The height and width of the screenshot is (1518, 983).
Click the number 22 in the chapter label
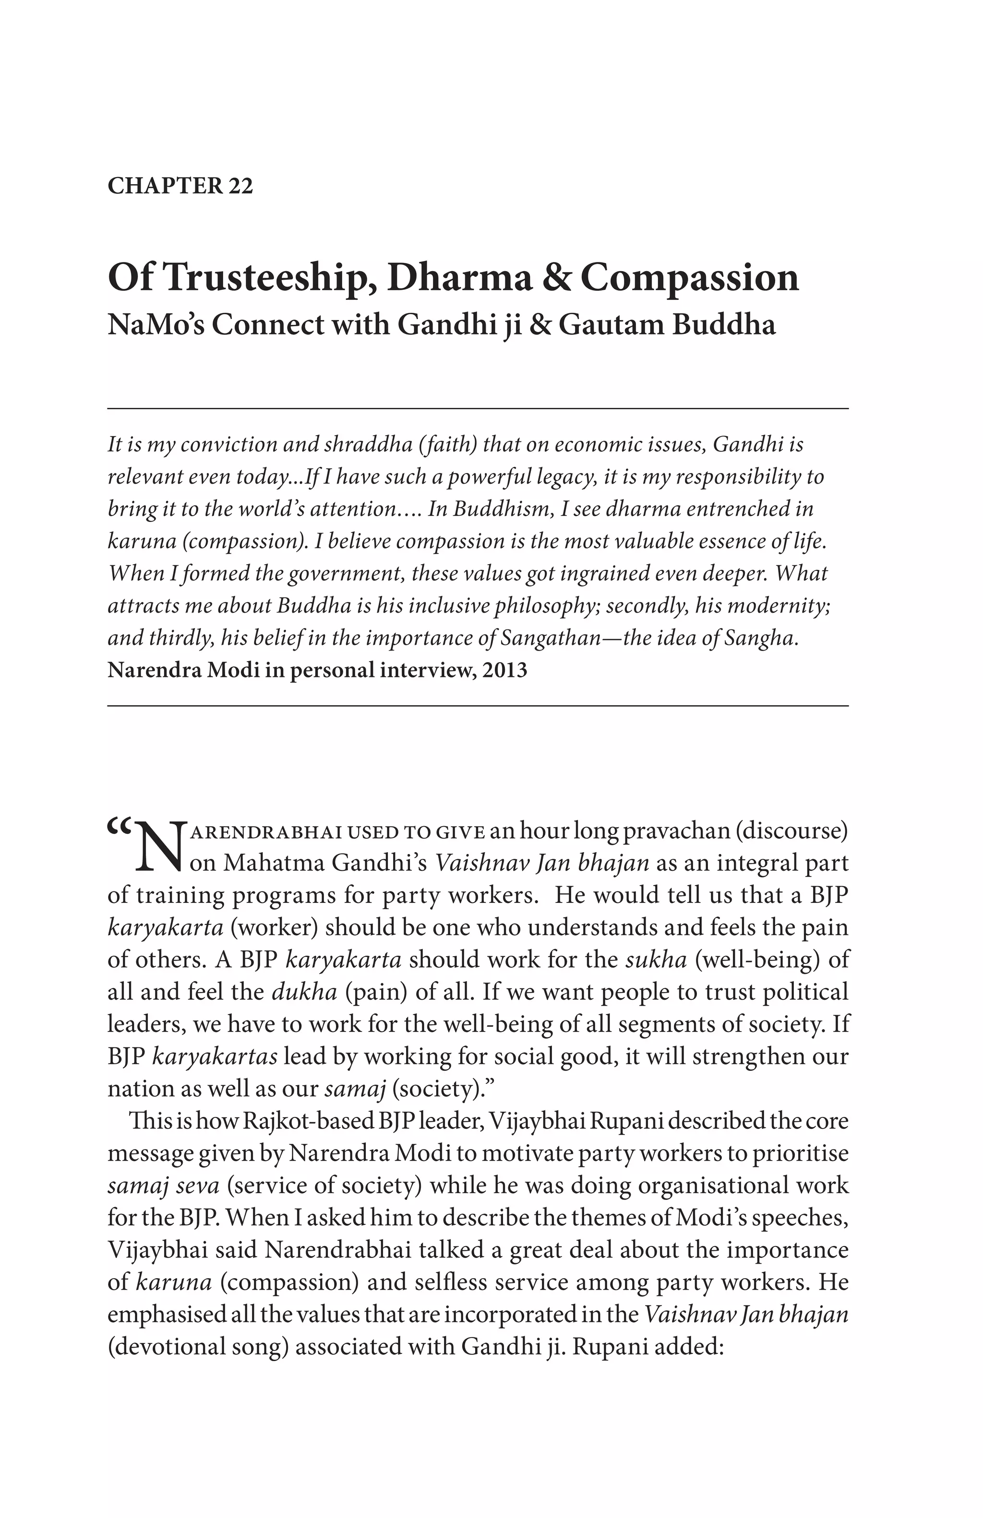point(239,186)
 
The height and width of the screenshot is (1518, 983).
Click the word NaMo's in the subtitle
point(153,325)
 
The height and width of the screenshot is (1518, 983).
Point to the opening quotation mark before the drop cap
point(119,829)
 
